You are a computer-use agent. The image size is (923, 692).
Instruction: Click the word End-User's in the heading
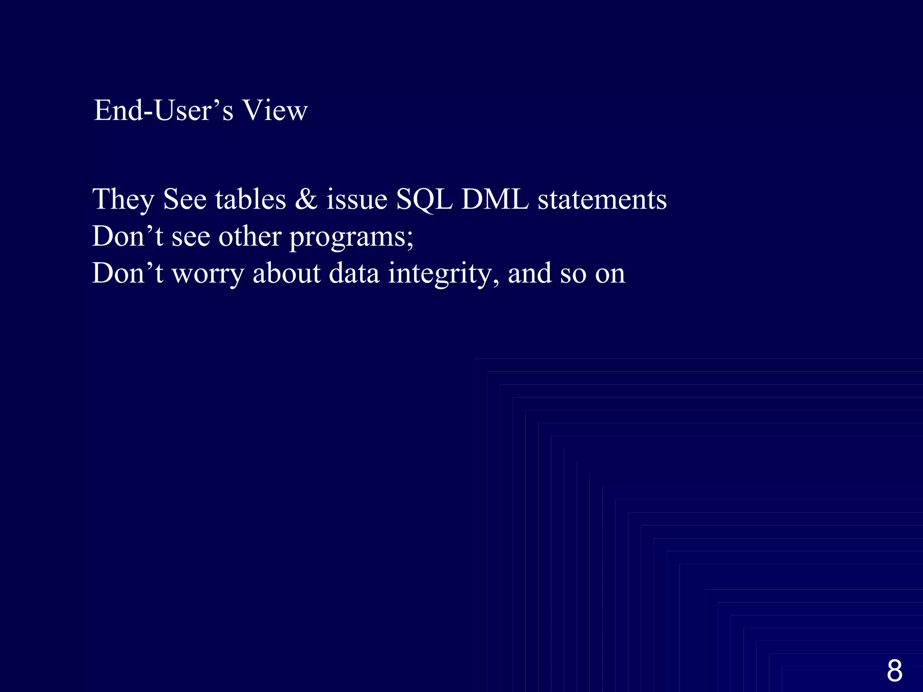pos(164,110)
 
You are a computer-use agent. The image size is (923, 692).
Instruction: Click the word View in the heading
pos(275,110)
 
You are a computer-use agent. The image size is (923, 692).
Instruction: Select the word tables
pos(251,200)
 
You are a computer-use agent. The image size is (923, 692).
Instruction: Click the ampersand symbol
pos(306,200)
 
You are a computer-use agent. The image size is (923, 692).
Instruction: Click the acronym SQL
pos(424,200)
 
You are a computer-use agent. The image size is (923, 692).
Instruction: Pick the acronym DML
pos(495,200)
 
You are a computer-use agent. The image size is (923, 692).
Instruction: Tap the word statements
pos(602,200)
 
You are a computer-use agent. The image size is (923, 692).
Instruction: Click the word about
pos(287,273)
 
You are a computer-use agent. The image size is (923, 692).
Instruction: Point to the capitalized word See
pos(185,200)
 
